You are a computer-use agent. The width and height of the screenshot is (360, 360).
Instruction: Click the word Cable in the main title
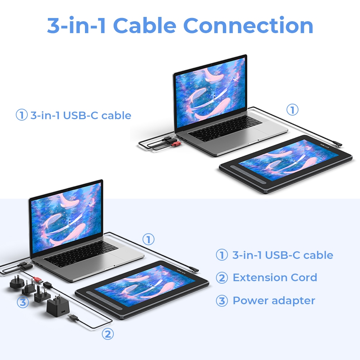[x=145, y=25]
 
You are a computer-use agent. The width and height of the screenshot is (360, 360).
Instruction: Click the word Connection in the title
[x=248, y=25]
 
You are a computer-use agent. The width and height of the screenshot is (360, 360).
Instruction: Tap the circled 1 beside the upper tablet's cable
[x=292, y=109]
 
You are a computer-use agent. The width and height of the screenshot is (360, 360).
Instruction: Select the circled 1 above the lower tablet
[x=148, y=239]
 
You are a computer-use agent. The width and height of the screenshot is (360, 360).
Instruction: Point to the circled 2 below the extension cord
[x=108, y=334]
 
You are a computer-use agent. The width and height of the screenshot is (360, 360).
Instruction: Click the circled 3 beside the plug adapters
[x=23, y=302]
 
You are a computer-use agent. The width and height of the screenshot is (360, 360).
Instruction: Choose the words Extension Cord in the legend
[x=275, y=277]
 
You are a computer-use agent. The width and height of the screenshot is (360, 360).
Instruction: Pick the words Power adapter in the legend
[x=274, y=301]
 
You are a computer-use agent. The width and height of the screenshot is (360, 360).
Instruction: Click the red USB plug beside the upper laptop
[x=176, y=144]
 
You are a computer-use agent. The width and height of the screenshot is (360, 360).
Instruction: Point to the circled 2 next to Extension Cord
[x=222, y=278]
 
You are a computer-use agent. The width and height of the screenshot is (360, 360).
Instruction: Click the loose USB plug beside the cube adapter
[x=73, y=318]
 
